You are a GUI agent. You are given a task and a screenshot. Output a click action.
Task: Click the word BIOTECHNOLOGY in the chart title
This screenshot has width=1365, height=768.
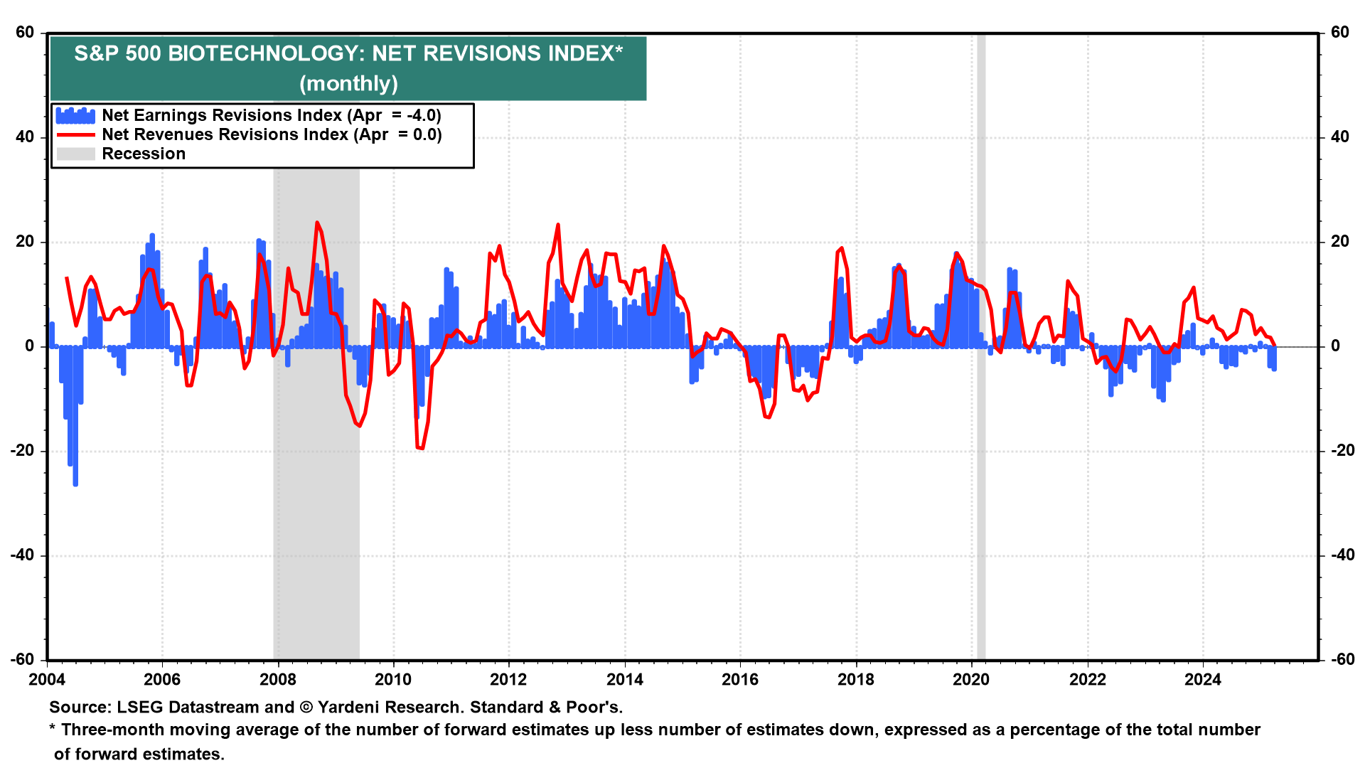pos(267,54)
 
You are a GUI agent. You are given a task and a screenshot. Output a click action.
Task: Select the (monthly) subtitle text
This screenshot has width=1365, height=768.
pos(348,84)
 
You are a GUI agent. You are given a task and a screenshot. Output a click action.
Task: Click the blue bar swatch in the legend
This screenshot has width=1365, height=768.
pos(75,116)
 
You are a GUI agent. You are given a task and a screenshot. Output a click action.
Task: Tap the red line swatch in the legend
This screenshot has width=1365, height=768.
pos(75,135)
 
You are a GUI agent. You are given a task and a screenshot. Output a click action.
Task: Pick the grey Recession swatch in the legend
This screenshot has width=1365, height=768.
pos(75,154)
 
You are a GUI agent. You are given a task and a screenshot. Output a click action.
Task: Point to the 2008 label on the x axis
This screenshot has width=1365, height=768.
pos(278,680)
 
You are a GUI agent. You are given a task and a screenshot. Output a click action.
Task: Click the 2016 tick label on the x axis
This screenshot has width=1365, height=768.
pos(740,680)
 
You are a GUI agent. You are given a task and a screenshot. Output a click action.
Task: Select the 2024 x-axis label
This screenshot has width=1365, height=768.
pos(1202,680)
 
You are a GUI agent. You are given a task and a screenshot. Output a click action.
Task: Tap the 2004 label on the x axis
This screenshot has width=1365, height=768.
pos(47,680)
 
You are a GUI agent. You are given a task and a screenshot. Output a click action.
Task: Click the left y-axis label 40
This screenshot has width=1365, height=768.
pos(25,137)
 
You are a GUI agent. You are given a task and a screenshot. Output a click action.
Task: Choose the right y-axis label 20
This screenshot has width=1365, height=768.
pos(1339,242)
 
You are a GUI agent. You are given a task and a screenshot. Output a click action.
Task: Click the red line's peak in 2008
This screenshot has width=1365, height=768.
pos(316,223)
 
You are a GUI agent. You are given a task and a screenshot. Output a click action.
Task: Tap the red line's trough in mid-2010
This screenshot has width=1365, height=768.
pos(419,448)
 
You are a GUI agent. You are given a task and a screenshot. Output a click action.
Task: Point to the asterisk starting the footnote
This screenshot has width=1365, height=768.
pos(52,729)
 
